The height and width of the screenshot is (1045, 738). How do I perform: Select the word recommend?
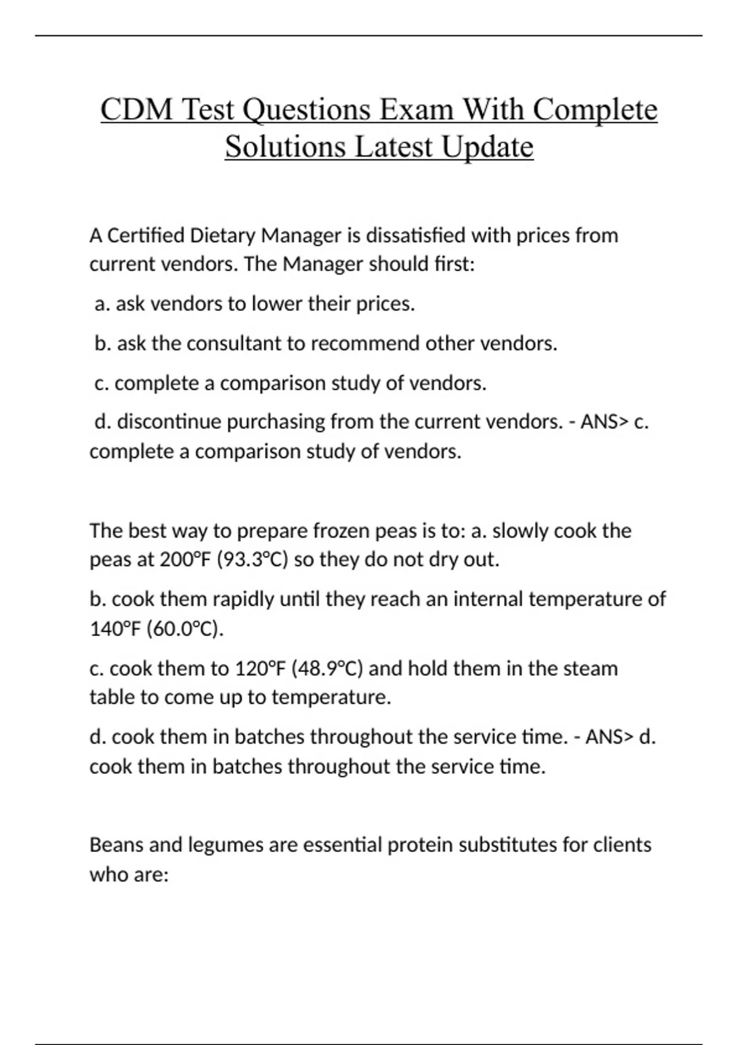coord(365,343)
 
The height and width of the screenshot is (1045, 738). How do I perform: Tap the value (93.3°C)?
coord(253,560)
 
